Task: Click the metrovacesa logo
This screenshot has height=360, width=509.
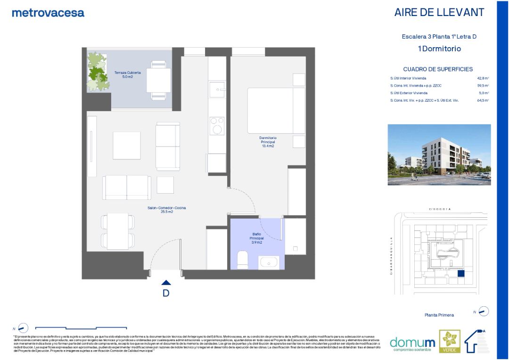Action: (x=48, y=13)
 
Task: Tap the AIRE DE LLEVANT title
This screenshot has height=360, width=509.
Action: (x=439, y=13)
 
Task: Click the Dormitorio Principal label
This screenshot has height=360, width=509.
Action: (x=268, y=142)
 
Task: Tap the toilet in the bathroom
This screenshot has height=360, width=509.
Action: (x=243, y=260)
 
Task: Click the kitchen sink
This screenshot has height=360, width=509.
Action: (x=217, y=88)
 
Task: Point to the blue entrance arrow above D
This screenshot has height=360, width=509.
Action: (x=166, y=282)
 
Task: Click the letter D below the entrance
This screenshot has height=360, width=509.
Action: (x=166, y=293)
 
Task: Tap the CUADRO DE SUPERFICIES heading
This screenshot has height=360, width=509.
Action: (x=438, y=69)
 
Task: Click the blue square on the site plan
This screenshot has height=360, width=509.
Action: (x=461, y=273)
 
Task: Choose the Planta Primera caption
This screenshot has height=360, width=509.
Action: (x=439, y=315)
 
